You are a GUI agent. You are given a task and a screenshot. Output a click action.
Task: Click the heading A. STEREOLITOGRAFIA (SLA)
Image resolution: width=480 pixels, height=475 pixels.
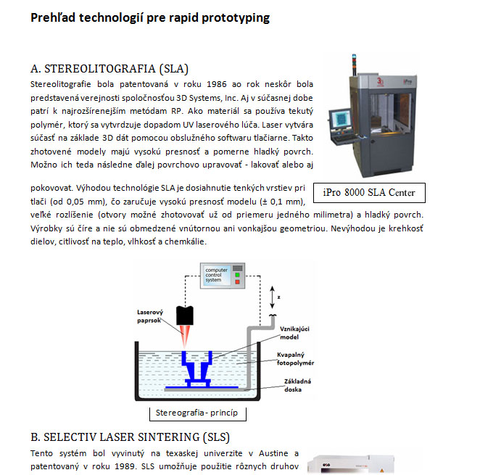(109, 69)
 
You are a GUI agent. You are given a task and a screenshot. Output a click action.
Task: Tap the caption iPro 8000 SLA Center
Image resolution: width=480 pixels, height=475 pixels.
(370, 192)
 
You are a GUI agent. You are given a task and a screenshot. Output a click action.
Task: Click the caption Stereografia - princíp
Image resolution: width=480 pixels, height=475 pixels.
(197, 413)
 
